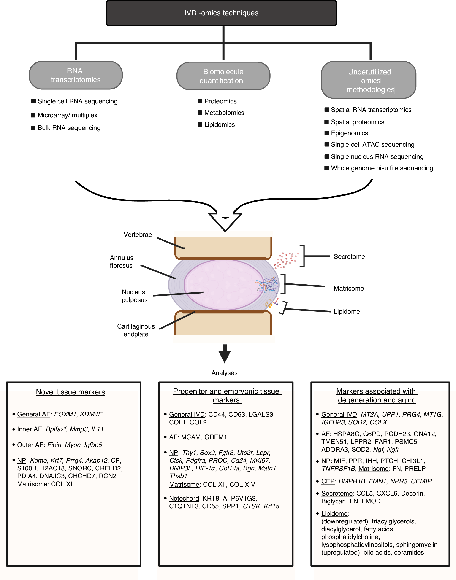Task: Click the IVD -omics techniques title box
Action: point(221,13)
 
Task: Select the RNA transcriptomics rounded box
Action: point(76,75)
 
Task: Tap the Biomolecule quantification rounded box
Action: point(223,76)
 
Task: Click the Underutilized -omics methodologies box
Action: point(368,80)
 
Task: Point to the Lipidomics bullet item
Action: point(219,125)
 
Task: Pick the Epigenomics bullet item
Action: point(349,133)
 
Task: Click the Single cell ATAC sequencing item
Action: point(372,145)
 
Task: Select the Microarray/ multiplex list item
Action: point(67,115)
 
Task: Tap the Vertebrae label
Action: point(138,235)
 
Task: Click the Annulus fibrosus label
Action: point(122,262)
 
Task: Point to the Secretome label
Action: point(349,257)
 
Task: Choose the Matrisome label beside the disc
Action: point(349,289)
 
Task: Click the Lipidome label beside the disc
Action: point(347,312)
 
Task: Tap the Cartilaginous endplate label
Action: point(136,330)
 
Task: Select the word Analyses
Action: point(224,373)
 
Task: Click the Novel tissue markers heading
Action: point(71,392)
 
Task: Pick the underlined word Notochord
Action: point(184,498)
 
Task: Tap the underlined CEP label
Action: point(328,481)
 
